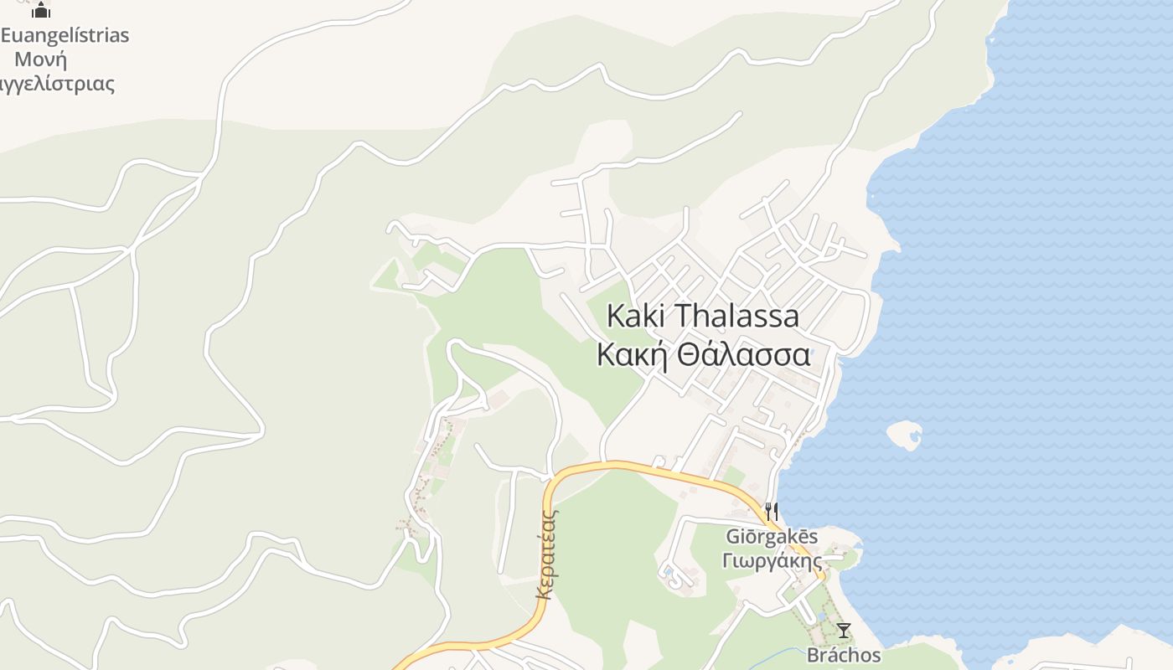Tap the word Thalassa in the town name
(x=736, y=317)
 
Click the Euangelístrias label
(x=65, y=35)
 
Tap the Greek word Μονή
(x=41, y=59)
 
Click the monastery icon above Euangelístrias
(x=41, y=10)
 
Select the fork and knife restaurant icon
(x=772, y=510)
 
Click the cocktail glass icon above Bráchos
(x=844, y=631)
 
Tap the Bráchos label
(x=844, y=655)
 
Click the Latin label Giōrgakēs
(x=772, y=537)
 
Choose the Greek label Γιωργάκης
(x=772, y=560)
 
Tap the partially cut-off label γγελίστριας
(x=57, y=84)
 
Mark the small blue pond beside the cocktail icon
(x=823, y=616)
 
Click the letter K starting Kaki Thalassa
(x=614, y=317)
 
